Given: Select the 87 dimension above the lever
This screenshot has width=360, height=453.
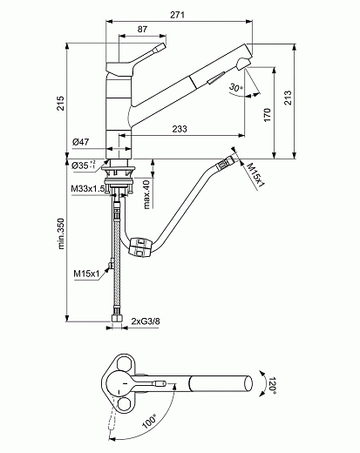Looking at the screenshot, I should coord(143,29).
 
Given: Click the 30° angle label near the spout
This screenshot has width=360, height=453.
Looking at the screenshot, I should coord(235,89).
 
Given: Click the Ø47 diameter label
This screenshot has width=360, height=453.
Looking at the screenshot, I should coord(82,141).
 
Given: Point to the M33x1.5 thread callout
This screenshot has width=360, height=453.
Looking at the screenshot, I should coord(88,187).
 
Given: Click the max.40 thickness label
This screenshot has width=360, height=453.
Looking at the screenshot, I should coord(147,191).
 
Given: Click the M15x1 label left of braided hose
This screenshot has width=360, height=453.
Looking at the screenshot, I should coord(87,274).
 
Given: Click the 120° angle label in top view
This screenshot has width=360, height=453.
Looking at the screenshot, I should coord(272,383).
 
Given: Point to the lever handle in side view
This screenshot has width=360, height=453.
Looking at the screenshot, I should coord(145,52).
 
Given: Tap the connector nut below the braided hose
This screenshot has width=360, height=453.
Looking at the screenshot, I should coord(116,317).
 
